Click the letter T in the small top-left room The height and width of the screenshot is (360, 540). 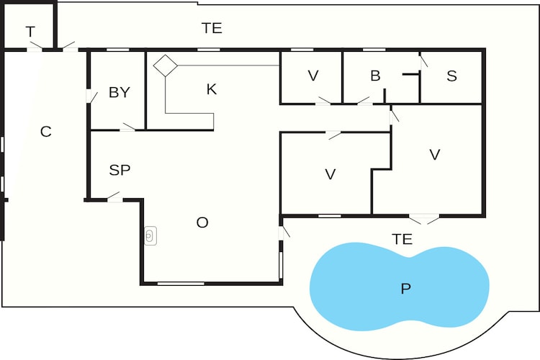[30, 32]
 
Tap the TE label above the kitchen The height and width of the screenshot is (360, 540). [212, 28]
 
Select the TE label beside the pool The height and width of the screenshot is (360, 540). [402, 239]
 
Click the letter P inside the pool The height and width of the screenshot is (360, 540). [405, 288]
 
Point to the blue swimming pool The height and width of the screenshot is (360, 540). [400, 286]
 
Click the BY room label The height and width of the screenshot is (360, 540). [119, 92]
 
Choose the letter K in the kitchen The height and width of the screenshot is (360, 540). [212, 89]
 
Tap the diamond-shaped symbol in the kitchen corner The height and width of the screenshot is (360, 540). [166, 66]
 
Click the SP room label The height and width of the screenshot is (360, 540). [120, 170]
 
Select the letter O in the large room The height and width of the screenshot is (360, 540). [202, 222]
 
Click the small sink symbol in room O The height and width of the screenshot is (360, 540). [150, 236]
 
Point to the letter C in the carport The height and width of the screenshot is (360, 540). [46, 132]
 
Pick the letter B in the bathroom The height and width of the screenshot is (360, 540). [375, 76]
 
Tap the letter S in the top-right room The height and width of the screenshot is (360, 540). [452, 76]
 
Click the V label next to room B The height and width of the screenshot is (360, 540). [313, 76]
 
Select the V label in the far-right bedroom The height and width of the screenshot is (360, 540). [435, 155]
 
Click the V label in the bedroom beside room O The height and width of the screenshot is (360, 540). [330, 174]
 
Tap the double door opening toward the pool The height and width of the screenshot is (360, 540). [424, 219]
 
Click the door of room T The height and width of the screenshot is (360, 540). [36, 47]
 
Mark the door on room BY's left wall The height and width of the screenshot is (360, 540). [91, 96]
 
